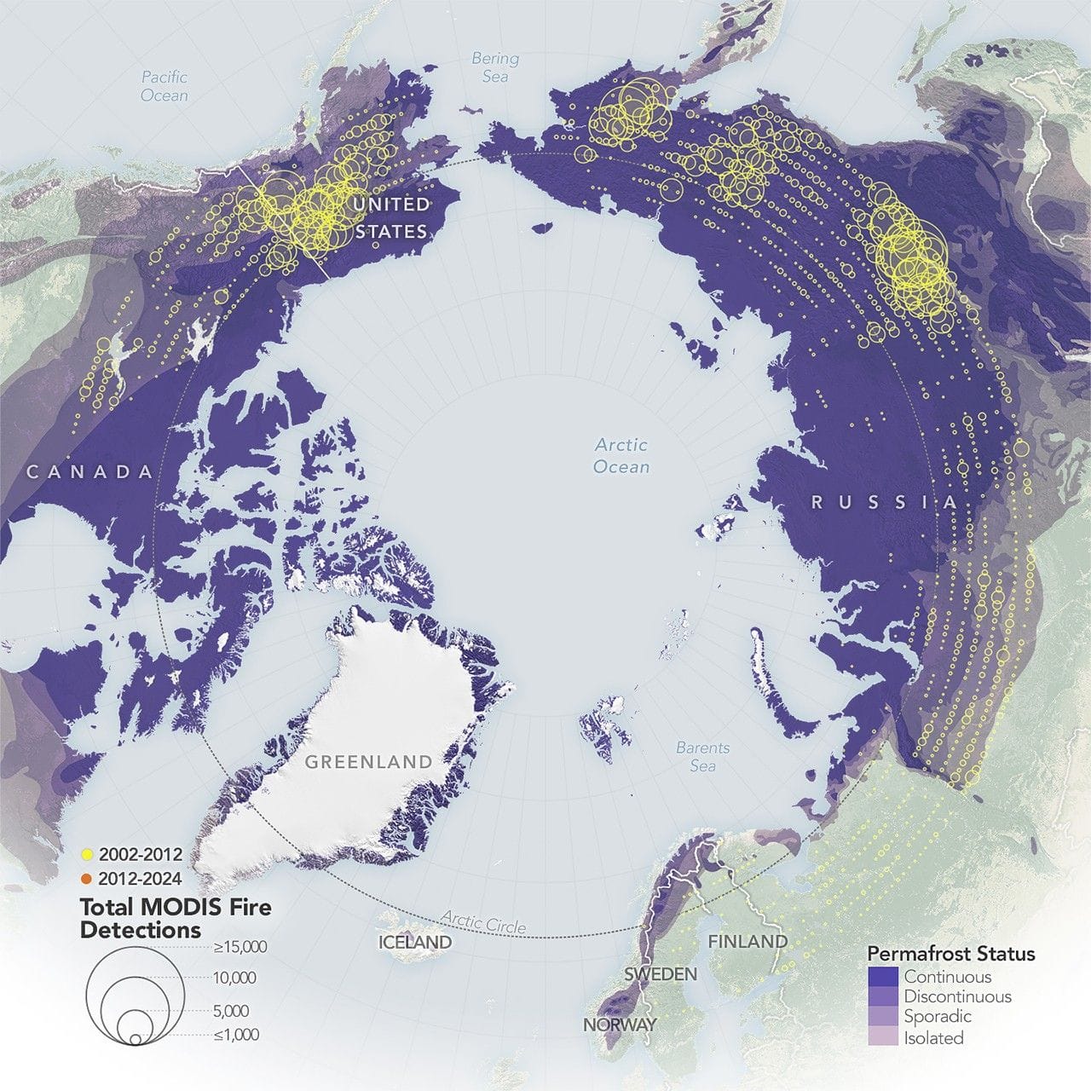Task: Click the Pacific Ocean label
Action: click(x=165, y=86)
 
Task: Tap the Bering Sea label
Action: click(x=495, y=67)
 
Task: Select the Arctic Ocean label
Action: click(x=621, y=455)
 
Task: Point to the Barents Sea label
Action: click(x=703, y=756)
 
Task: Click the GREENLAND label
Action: click(x=368, y=761)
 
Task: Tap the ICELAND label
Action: click(x=415, y=942)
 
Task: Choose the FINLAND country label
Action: click(x=748, y=941)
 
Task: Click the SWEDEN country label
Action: click(x=661, y=973)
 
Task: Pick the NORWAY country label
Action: click(x=620, y=1024)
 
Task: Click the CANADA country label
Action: click(x=89, y=471)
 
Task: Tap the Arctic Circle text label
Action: click(x=483, y=921)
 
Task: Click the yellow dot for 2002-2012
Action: click(x=87, y=854)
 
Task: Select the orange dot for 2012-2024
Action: click(x=87, y=878)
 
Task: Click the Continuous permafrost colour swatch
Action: click(x=883, y=977)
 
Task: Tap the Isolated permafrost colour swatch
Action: click(x=883, y=1037)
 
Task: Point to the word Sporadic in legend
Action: click(x=938, y=1017)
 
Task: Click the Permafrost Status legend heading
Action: click(x=951, y=954)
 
